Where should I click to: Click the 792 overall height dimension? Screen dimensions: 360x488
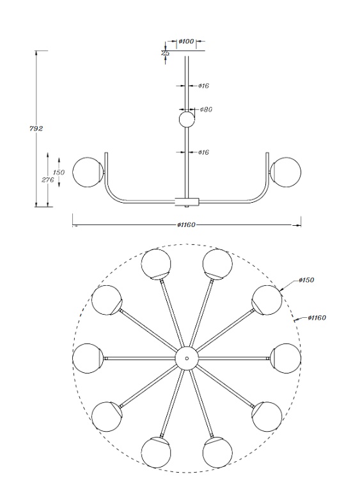36,128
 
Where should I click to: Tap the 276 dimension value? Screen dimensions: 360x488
48,180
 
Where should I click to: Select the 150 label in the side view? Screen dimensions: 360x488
59,172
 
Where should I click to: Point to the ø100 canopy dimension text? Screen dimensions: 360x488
186,41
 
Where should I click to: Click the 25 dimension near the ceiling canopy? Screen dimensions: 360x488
166,53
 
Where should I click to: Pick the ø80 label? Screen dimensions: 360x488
206,109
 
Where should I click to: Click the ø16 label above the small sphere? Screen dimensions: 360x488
204,86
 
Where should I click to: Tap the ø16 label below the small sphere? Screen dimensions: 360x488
204,152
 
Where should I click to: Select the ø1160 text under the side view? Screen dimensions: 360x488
186,224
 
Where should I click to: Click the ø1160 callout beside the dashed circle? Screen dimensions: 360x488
317,317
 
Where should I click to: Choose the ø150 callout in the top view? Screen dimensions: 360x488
306,279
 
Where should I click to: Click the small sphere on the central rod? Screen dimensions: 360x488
187,119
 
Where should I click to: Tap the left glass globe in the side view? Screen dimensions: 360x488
88,172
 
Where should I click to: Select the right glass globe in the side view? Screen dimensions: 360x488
286,172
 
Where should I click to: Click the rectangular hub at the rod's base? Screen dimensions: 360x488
187,201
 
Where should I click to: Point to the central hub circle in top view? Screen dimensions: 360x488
187,358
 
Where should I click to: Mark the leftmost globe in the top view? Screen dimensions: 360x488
88,358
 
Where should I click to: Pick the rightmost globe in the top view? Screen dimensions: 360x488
286,358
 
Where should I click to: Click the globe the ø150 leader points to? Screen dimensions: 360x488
267,300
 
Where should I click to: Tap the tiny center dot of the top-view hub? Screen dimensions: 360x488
187,358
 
